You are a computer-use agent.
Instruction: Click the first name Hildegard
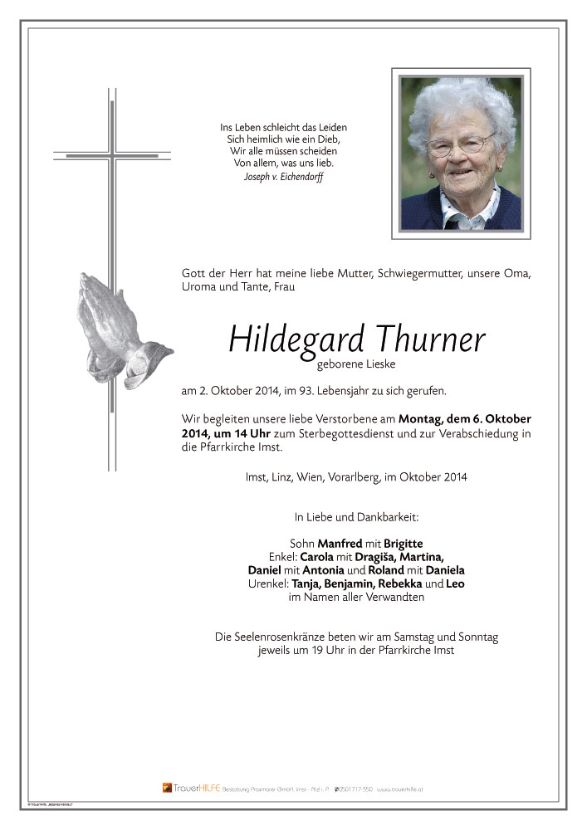(x=285, y=339)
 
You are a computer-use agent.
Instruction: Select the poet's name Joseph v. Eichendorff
(x=283, y=177)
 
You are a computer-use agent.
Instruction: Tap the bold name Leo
(x=455, y=583)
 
